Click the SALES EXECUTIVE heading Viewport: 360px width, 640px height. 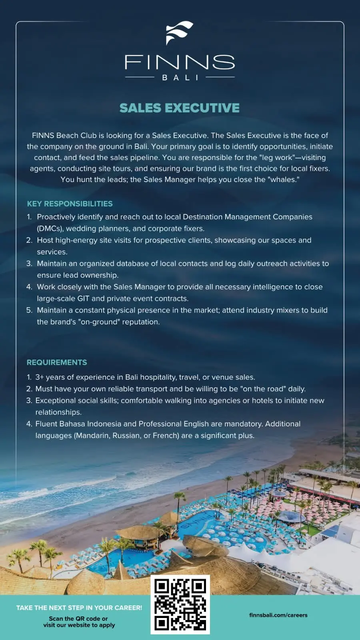180,108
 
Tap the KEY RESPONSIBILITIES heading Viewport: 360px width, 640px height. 70,204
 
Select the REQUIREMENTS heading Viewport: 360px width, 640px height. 57,362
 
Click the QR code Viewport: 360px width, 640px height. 180,604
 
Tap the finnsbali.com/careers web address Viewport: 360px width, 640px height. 278,615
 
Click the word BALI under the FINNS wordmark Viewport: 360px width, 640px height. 180,78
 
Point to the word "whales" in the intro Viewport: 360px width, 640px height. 283,180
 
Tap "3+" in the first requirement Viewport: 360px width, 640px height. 40,377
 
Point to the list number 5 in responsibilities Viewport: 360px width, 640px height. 29,310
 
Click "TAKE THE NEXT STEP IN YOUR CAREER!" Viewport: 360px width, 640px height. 79,608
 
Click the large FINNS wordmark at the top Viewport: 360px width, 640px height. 180,62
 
